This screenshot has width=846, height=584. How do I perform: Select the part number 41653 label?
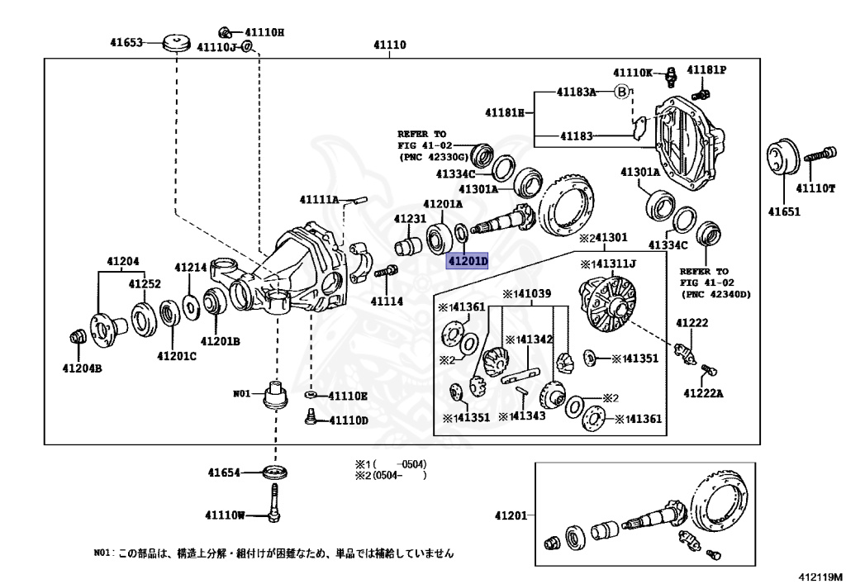(x=127, y=41)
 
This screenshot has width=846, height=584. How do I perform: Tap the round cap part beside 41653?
(x=175, y=41)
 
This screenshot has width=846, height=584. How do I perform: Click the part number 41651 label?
(x=784, y=211)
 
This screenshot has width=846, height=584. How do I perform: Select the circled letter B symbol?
(x=621, y=92)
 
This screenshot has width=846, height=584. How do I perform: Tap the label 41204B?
(x=82, y=368)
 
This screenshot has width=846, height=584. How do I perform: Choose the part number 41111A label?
(x=320, y=200)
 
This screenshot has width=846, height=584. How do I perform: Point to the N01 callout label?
(x=241, y=393)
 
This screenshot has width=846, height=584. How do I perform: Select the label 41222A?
(x=702, y=393)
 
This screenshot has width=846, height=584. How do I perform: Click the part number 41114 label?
(x=387, y=301)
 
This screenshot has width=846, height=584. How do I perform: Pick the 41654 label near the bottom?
(x=224, y=473)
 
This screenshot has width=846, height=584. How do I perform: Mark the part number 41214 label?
(x=190, y=268)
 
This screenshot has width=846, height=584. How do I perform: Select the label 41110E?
(x=347, y=396)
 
